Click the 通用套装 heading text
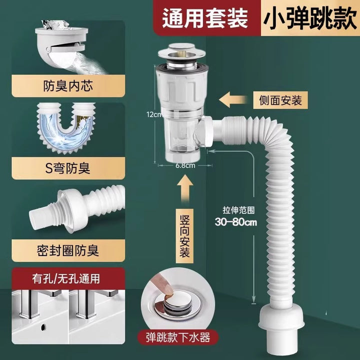click(205, 18)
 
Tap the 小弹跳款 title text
click(310, 19)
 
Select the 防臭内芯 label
click(68, 86)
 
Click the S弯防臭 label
click(67, 168)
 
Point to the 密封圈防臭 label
click(68, 250)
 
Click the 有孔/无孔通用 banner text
click(66, 278)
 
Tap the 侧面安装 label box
click(280, 100)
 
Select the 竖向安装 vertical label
click(184, 236)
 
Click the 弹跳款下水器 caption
click(178, 337)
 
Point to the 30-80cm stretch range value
click(236, 222)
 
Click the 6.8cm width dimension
click(185, 165)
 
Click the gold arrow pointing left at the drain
click(233, 99)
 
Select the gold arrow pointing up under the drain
click(185, 189)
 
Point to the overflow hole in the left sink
click(43, 326)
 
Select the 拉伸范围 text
click(238, 210)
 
